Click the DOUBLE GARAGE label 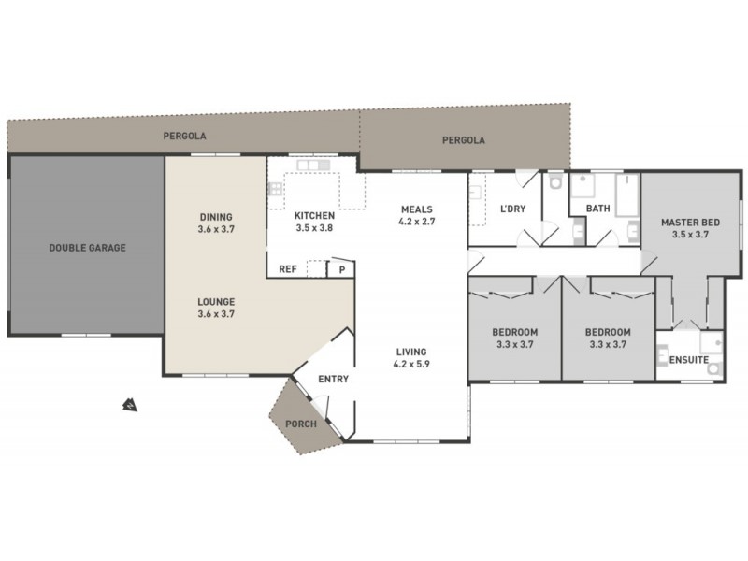pos(87,248)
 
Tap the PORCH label pos(301,424)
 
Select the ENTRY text pos(333,379)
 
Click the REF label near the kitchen pos(288,269)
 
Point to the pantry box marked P pos(342,269)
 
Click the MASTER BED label pos(691,222)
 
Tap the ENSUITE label pos(688,360)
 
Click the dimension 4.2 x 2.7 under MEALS pos(417,222)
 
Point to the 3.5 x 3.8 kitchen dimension pos(314,227)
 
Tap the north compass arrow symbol pos(127,405)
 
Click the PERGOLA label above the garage pos(184,136)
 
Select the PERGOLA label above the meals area pos(464,140)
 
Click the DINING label pos(216,216)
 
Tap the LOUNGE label pos(216,301)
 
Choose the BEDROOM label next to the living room pos(514,332)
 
